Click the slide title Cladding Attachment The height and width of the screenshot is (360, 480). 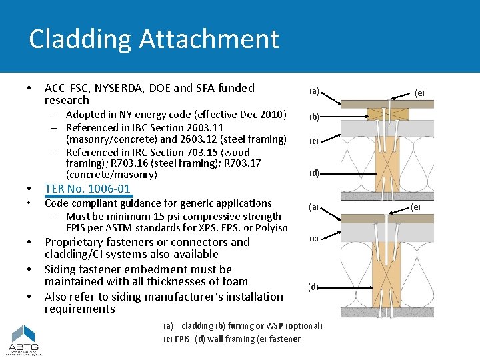click(153, 39)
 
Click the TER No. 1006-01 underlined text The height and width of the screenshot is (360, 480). click(87, 189)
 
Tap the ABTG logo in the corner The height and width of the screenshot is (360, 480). click(23, 340)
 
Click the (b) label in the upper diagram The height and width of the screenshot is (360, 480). click(313, 117)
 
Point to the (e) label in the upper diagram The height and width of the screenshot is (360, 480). click(419, 93)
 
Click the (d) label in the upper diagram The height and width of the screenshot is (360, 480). click(313, 173)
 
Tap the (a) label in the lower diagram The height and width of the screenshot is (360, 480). click(313, 207)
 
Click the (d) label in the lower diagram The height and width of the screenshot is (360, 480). click(313, 287)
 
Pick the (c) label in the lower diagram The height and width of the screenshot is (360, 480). click(313, 238)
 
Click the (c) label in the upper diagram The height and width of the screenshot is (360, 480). click(313, 141)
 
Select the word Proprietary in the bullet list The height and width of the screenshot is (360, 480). click(75, 242)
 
